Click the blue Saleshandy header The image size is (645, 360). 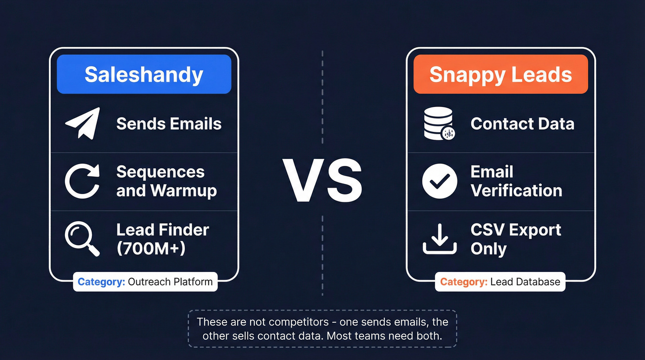(x=144, y=74)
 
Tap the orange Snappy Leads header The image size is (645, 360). (x=500, y=74)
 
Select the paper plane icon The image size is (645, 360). (x=82, y=123)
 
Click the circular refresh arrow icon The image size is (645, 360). (x=82, y=181)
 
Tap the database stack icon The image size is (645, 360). (x=439, y=123)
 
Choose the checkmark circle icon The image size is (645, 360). (x=440, y=181)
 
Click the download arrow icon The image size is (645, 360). (x=440, y=239)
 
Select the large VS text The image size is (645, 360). (x=322, y=181)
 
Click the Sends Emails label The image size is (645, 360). (x=169, y=124)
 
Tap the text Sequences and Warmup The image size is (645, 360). (x=166, y=181)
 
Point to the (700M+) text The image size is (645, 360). (x=151, y=248)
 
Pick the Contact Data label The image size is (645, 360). (x=522, y=124)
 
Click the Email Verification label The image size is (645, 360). (x=516, y=181)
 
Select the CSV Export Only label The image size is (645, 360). (x=516, y=239)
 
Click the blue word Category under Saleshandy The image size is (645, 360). (x=101, y=282)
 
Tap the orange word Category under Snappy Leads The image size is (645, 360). (x=463, y=282)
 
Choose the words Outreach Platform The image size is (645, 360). (x=170, y=282)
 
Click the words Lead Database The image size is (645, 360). (x=525, y=282)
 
